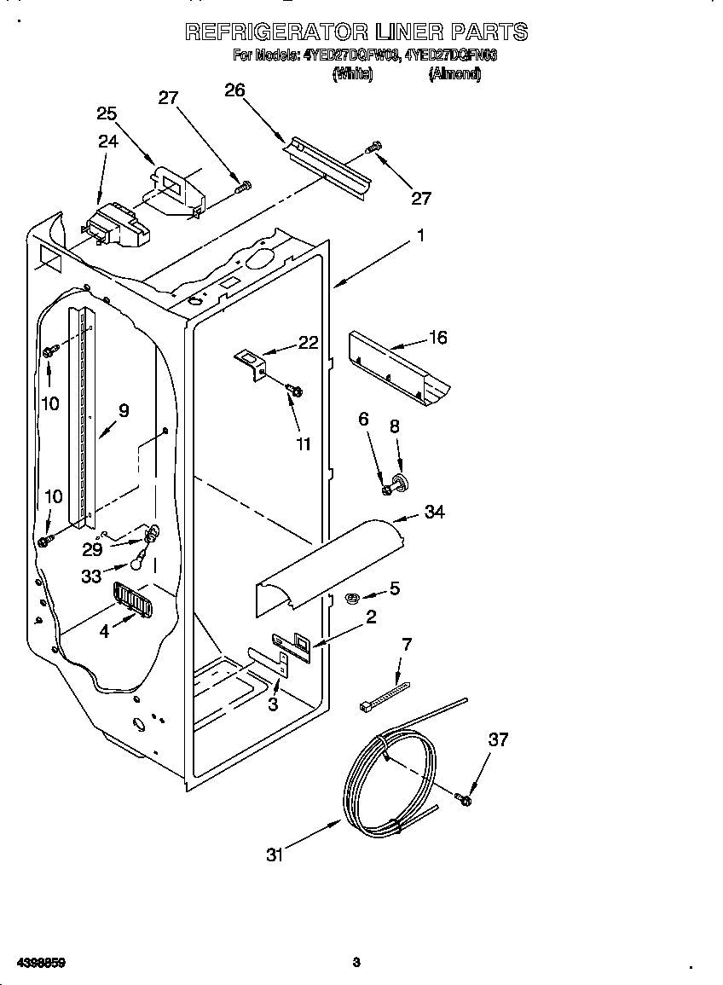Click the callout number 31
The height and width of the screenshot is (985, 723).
274,855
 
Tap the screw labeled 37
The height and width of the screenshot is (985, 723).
463,799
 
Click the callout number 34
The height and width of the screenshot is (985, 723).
434,512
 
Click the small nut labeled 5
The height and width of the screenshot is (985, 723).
350,599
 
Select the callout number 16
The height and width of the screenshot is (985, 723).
437,338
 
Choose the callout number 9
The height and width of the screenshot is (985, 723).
124,410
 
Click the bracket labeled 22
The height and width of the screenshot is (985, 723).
251,362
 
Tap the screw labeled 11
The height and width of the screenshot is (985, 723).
294,390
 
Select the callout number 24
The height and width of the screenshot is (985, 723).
107,142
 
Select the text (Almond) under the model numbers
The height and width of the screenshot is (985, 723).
454,75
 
